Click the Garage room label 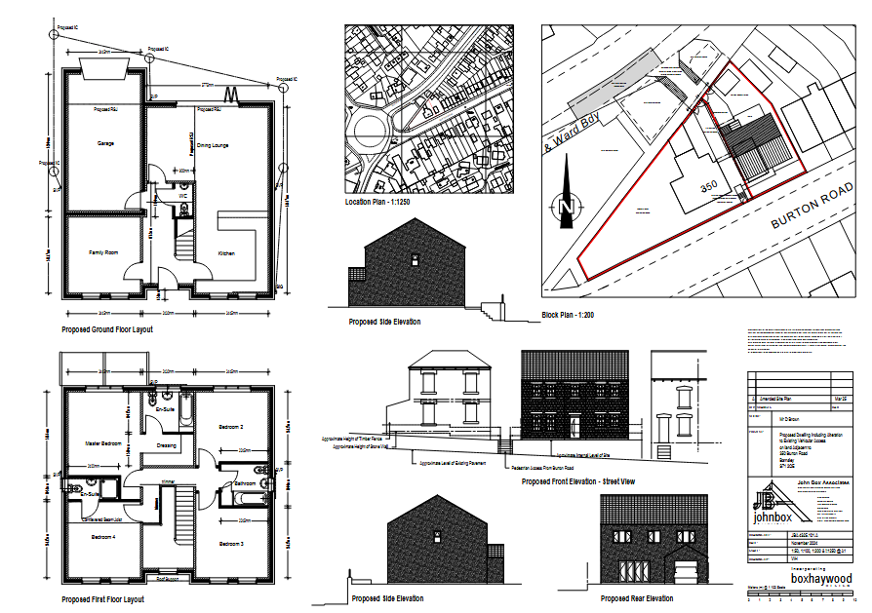pos(105,144)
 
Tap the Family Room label pos(103,253)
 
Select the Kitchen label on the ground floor pos(226,253)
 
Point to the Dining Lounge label pos(213,145)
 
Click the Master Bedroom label pos(102,443)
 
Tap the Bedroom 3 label pos(230,543)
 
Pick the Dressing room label pos(166,447)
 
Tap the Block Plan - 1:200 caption pos(568,315)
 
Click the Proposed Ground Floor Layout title pos(107,329)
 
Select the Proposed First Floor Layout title pos(102,599)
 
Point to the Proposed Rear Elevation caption pos(636,599)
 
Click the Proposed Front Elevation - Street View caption pos(577,481)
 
